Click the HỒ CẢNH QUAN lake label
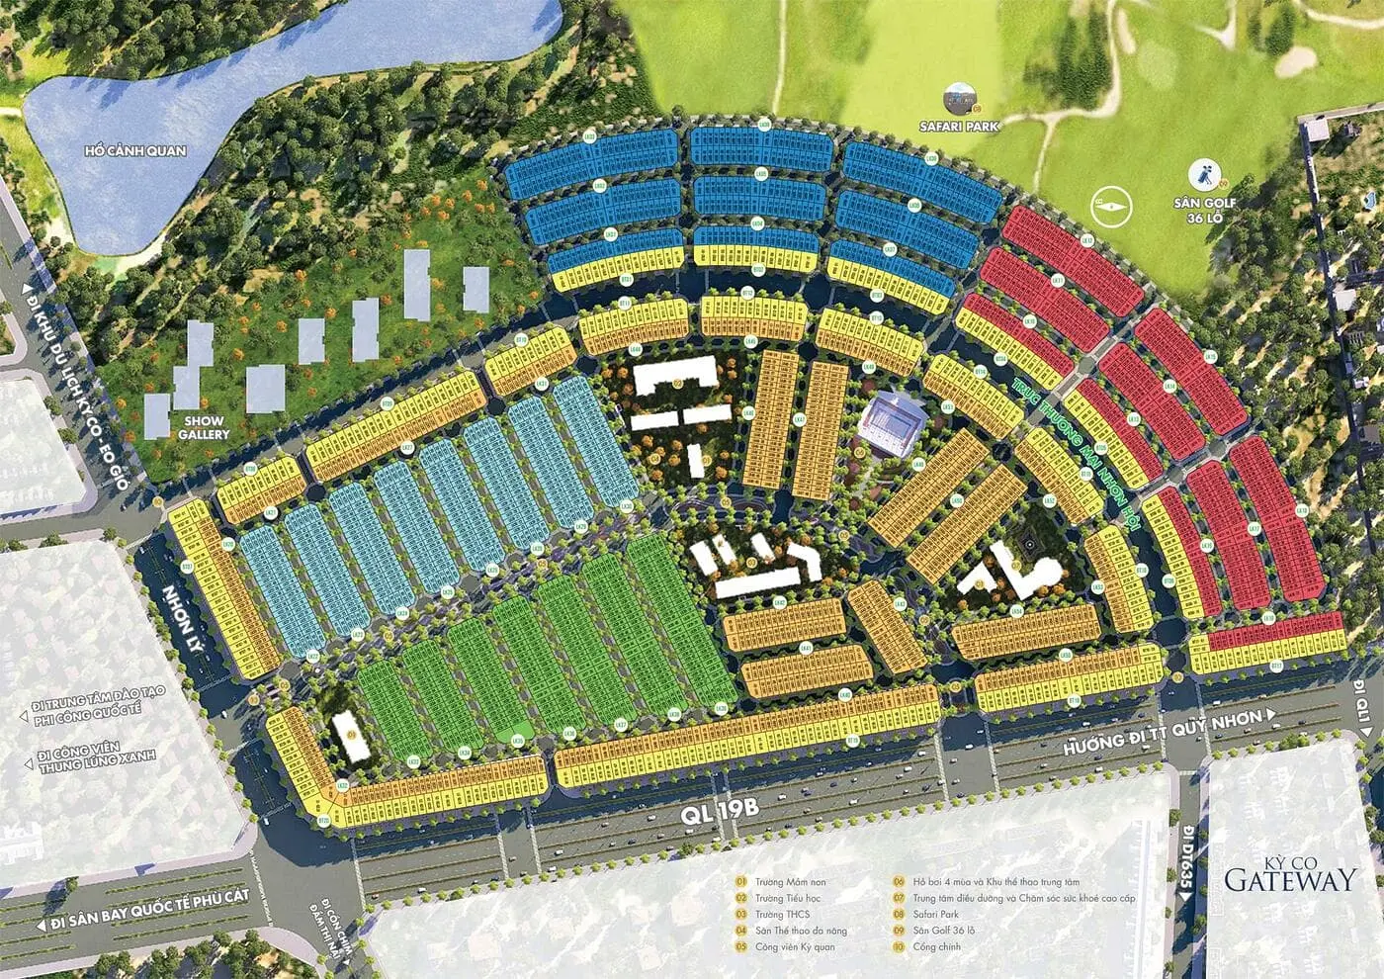[x=135, y=150]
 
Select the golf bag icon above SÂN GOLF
[x=1204, y=174]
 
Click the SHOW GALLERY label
[x=205, y=427]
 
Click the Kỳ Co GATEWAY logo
[x=1289, y=874]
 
